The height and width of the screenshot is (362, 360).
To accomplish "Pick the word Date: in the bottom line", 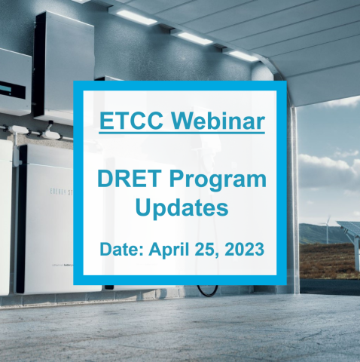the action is [x=121, y=250].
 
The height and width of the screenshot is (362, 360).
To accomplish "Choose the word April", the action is [x=169, y=250].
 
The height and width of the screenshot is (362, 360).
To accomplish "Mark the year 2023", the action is [x=244, y=250].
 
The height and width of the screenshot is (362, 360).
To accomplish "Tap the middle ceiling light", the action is [x=195, y=38].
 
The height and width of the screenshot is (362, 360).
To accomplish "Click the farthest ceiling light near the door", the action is [x=243, y=57].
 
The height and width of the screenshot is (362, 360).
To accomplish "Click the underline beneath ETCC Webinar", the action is [x=182, y=132].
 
